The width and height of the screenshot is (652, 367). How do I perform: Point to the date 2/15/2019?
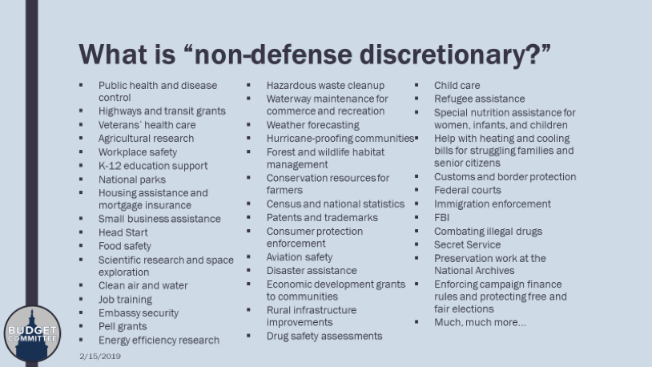point(99,355)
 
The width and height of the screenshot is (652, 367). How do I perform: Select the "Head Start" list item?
point(123,232)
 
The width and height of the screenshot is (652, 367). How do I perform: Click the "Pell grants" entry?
point(123,326)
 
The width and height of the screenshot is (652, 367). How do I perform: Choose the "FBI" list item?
point(443,217)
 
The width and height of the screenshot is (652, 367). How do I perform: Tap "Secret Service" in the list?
point(467,244)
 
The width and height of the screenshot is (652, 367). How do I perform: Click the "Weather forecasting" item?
point(313,125)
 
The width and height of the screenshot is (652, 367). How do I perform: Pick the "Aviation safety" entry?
point(300,257)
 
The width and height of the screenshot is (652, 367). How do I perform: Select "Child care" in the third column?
point(457,85)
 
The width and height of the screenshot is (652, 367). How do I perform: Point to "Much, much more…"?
point(480,322)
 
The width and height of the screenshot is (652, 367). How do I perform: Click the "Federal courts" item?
point(468,190)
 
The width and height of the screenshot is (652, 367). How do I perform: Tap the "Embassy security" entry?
point(139,313)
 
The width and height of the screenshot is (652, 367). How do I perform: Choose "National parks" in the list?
point(132,179)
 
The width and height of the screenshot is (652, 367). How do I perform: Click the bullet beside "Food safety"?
point(81,246)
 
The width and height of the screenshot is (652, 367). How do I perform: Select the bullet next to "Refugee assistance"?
point(417,99)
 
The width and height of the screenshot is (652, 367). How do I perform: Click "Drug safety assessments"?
point(324,336)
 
